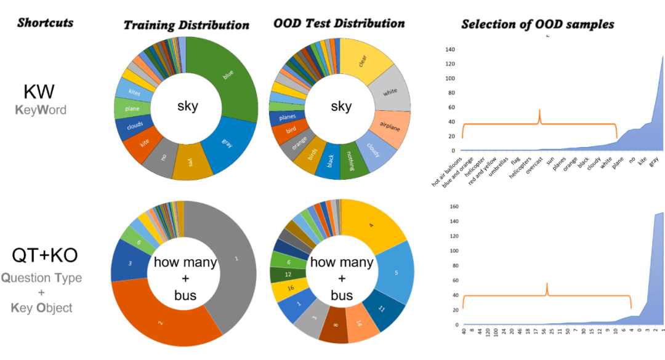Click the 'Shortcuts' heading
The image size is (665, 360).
45,23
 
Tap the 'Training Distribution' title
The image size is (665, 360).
186,25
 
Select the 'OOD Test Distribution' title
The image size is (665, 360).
339,24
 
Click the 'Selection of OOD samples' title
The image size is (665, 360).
537,25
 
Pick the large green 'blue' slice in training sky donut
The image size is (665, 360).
228,77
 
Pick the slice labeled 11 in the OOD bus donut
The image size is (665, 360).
382,308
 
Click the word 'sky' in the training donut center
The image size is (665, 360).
187,106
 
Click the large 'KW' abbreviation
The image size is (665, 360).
39,92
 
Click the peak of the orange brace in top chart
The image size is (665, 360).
539,111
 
